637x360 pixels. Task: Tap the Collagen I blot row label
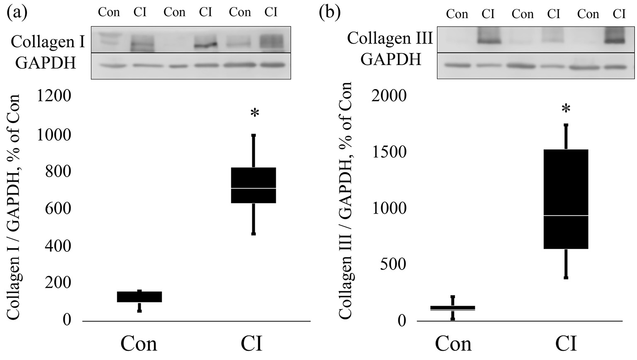48,41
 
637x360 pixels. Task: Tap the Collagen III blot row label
390,38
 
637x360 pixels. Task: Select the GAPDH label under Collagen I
46,63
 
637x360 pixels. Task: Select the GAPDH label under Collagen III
391,59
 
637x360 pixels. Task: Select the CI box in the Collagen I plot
254,185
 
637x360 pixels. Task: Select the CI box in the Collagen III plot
566,199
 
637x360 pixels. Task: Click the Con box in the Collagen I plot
139,297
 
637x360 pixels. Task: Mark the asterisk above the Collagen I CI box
255,113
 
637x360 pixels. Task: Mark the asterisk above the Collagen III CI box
566,109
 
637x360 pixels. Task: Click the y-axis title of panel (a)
14,207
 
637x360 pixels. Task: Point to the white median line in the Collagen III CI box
566,216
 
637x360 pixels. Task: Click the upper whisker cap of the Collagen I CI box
254,135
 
